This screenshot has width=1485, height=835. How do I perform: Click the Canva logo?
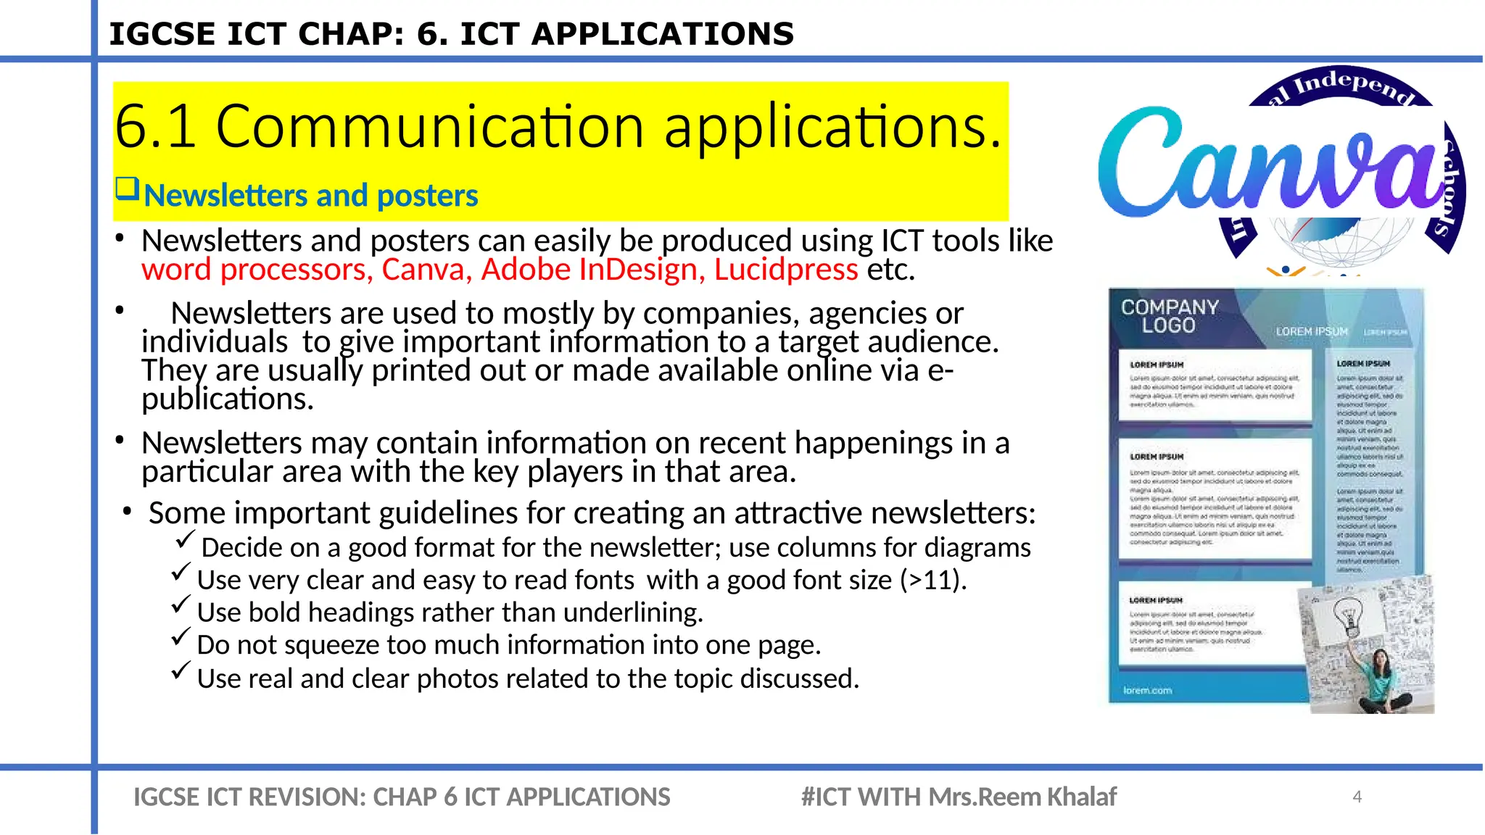tap(1273, 163)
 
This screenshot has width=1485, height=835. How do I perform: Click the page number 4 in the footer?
tap(1357, 797)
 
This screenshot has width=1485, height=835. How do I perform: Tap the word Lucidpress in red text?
tap(786, 270)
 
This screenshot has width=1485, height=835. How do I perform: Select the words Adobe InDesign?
tap(589, 270)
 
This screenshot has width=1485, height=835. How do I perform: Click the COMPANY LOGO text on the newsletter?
tap(1169, 317)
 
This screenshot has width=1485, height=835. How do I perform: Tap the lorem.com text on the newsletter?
tap(1147, 690)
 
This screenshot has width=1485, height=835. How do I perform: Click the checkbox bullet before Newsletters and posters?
tap(127, 190)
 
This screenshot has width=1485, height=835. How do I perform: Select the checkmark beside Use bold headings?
tap(181, 605)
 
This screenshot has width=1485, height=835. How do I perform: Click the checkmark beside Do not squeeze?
tap(181, 637)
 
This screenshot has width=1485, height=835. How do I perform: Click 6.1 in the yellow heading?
tap(154, 127)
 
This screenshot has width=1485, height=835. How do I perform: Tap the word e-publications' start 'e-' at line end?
tap(940, 370)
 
